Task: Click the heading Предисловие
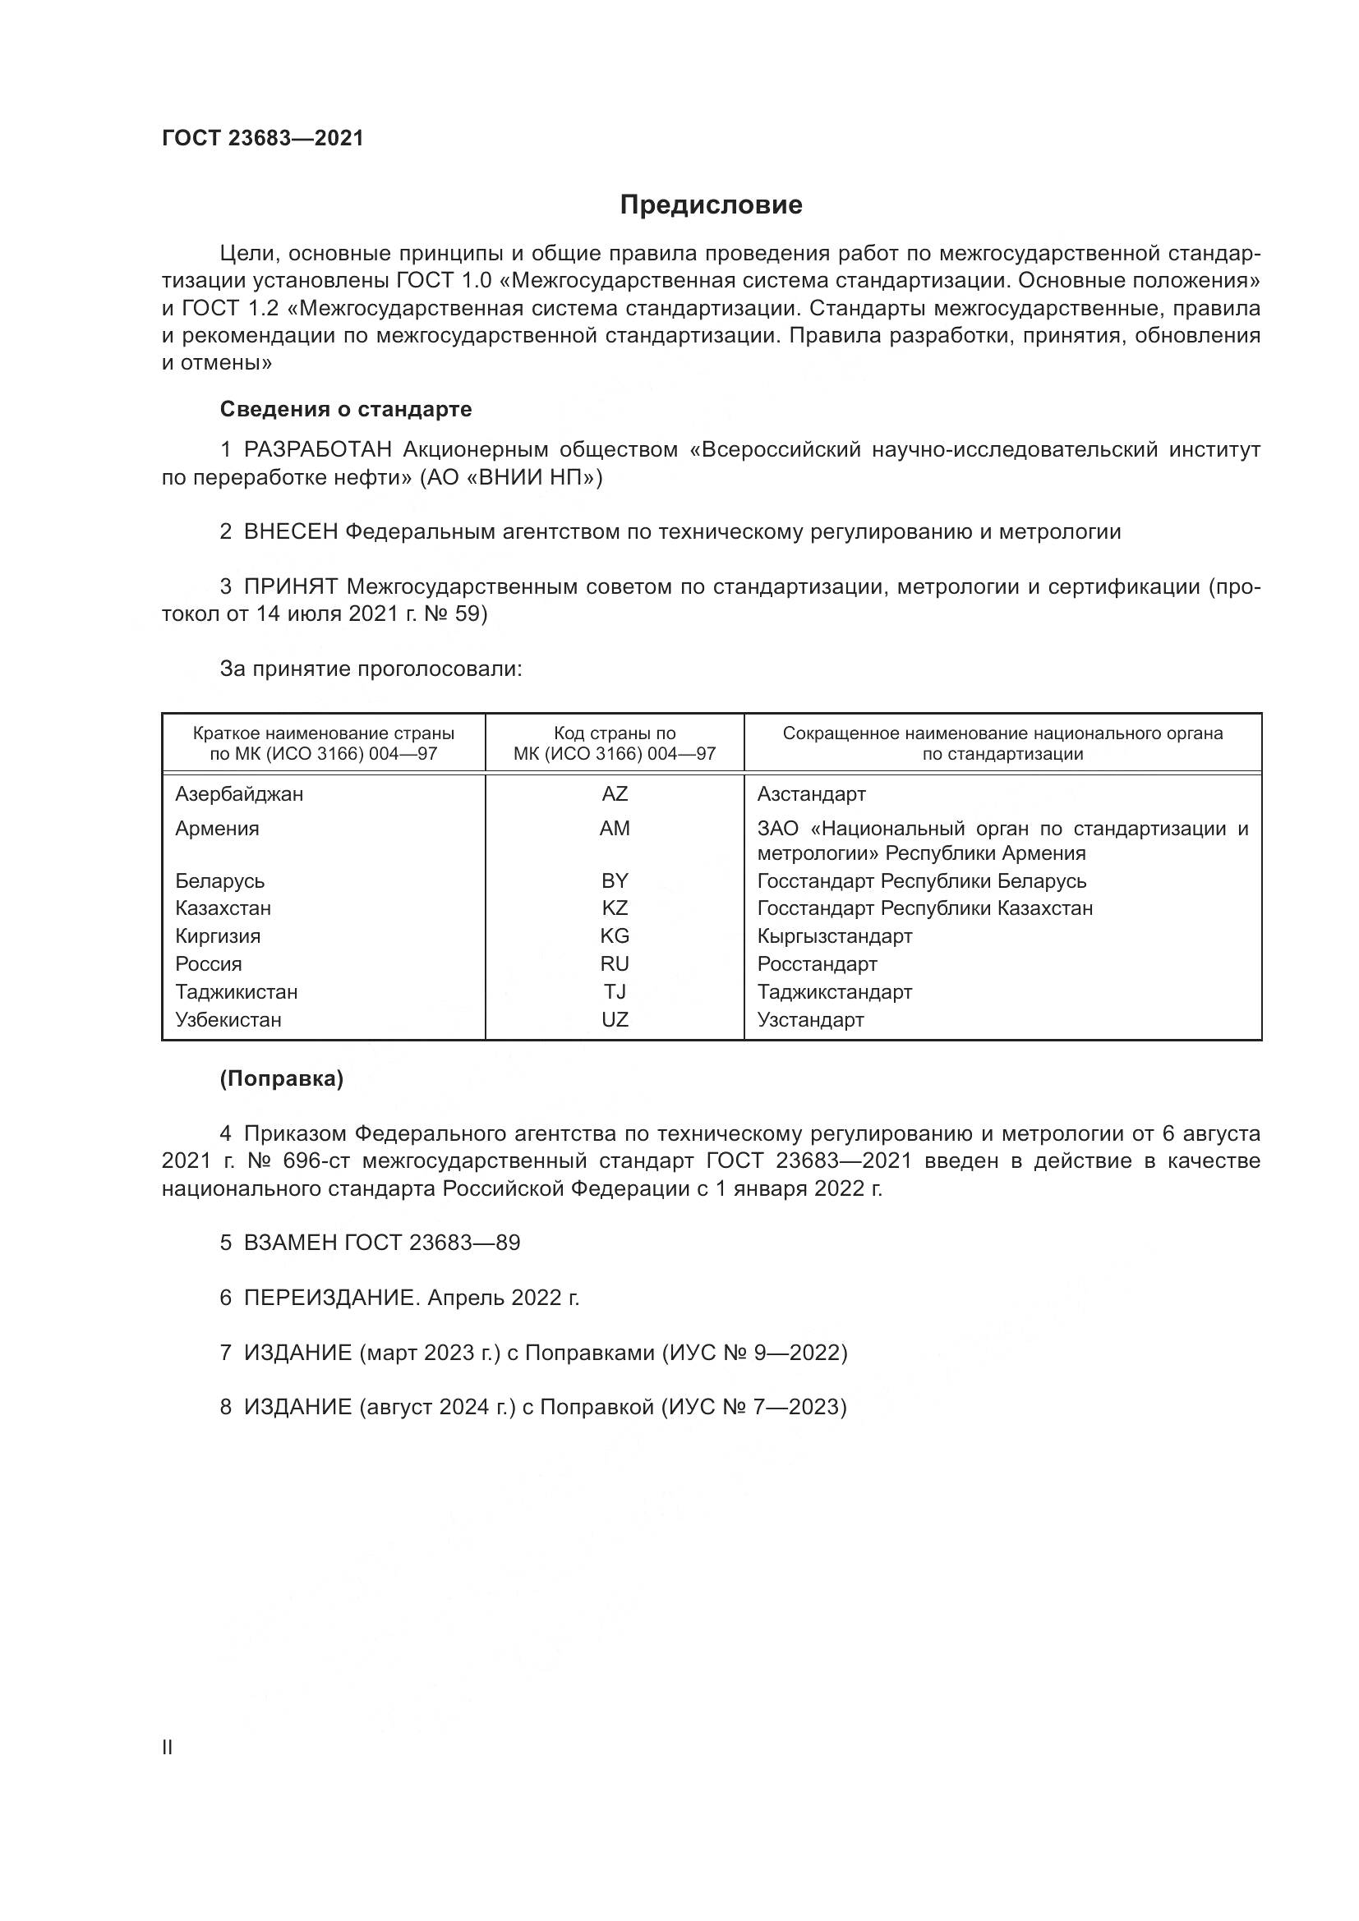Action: tap(711, 205)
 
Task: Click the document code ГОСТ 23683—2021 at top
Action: tap(263, 139)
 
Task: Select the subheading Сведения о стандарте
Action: tap(346, 409)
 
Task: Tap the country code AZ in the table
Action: tap(615, 794)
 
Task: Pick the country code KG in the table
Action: tap(615, 935)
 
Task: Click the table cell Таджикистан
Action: tap(236, 991)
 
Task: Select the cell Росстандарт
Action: tap(817, 964)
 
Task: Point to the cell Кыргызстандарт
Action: tap(834, 935)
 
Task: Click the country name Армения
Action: tap(217, 829)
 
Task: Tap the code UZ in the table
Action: tap(615, 1019)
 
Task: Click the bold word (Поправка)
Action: tap(281, 1078)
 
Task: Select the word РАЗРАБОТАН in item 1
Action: tap(317, 450)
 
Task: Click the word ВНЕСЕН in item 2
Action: tap(290, 531)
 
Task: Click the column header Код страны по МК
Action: tap(615, 743)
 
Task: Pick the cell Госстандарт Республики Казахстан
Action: tap(924, 908)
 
